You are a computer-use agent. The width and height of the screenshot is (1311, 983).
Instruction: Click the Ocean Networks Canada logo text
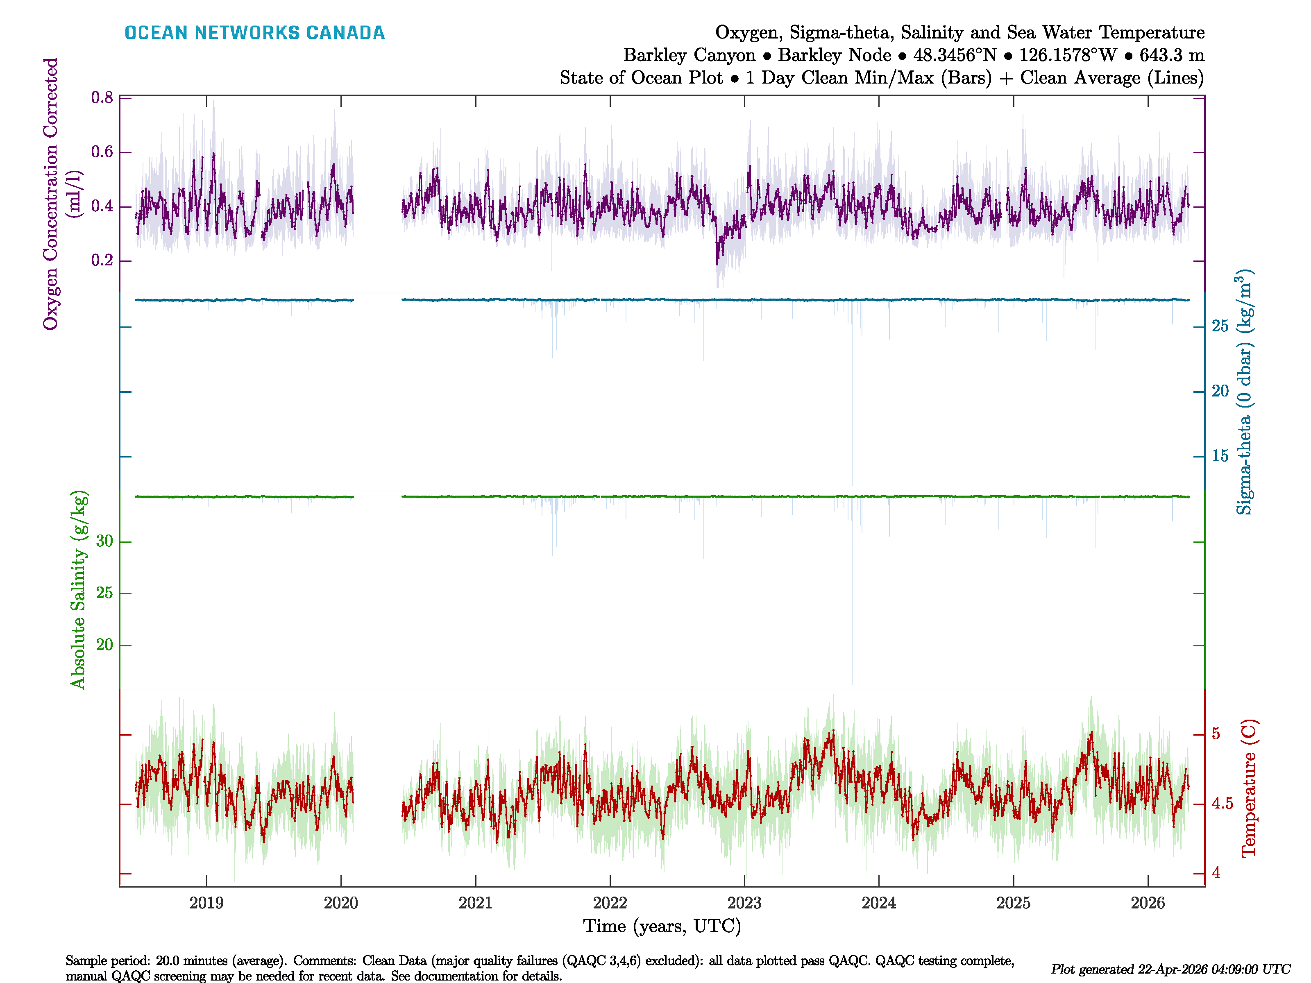(254, 33)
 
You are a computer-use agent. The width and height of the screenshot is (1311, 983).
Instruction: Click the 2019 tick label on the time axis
(206, 903)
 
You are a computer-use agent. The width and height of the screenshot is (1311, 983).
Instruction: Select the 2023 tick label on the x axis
(744, 903)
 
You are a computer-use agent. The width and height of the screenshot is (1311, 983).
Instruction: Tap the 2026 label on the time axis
(1148, 903)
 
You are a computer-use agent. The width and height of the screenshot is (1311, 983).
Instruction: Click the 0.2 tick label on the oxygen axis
(102, 261)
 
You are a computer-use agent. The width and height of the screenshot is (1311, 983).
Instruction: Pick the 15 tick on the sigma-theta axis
(1220, 455)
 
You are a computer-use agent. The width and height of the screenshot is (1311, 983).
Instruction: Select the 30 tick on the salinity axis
(104, 541)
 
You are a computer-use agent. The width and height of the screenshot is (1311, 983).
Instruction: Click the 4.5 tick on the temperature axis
(1222, 804)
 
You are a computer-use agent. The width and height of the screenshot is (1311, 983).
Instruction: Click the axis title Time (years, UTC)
(662, 926)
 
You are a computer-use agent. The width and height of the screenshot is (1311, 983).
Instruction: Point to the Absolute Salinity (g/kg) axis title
(78, 589)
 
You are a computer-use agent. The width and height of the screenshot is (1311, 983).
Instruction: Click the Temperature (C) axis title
(1248, 788)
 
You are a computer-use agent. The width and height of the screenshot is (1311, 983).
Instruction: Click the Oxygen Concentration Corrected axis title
(51, 194)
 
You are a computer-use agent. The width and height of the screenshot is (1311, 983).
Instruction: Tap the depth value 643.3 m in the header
(1172, 55)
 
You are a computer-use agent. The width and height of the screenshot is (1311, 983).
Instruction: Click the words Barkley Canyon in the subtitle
(689, 55)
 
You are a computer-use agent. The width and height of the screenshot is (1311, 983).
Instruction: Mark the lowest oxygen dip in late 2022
(717, 264)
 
